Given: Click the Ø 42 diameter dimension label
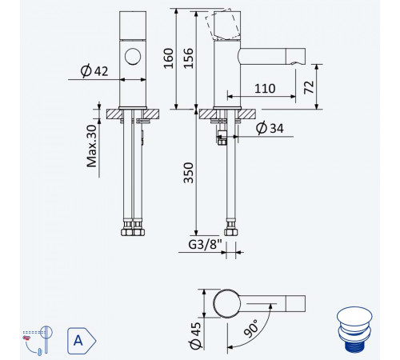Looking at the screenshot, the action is tap(94, 71).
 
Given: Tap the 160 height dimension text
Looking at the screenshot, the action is tap(168, 58).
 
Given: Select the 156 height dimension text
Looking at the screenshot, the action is tap(188, 58).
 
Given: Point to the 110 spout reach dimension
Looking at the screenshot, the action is tap(265, 89).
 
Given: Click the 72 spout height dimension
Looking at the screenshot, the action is tap(309, 87).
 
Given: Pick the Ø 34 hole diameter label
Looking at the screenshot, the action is tap(270, 128).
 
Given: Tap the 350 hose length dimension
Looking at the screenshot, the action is tap(188, 173).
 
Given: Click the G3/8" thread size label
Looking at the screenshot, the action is tap(205, 245).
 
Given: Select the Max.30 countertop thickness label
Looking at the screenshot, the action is tap(92, 146).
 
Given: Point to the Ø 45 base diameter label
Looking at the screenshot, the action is tap(195, 335).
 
